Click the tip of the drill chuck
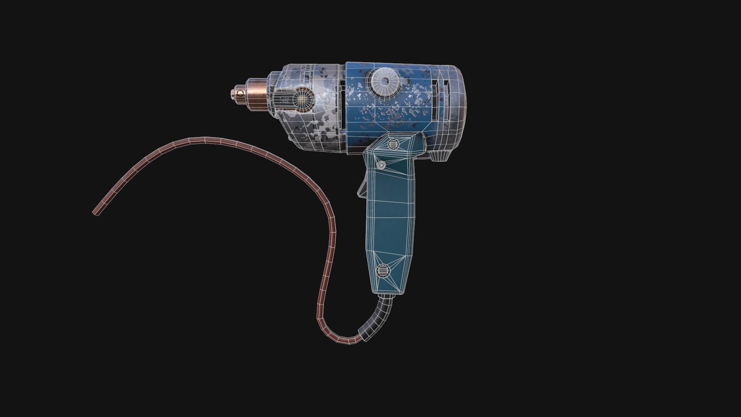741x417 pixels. pos(233,93)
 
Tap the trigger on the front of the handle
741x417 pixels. pos(362,188)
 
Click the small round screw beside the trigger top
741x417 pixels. pos(381,165)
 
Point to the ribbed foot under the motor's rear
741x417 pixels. pos(440,156)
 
